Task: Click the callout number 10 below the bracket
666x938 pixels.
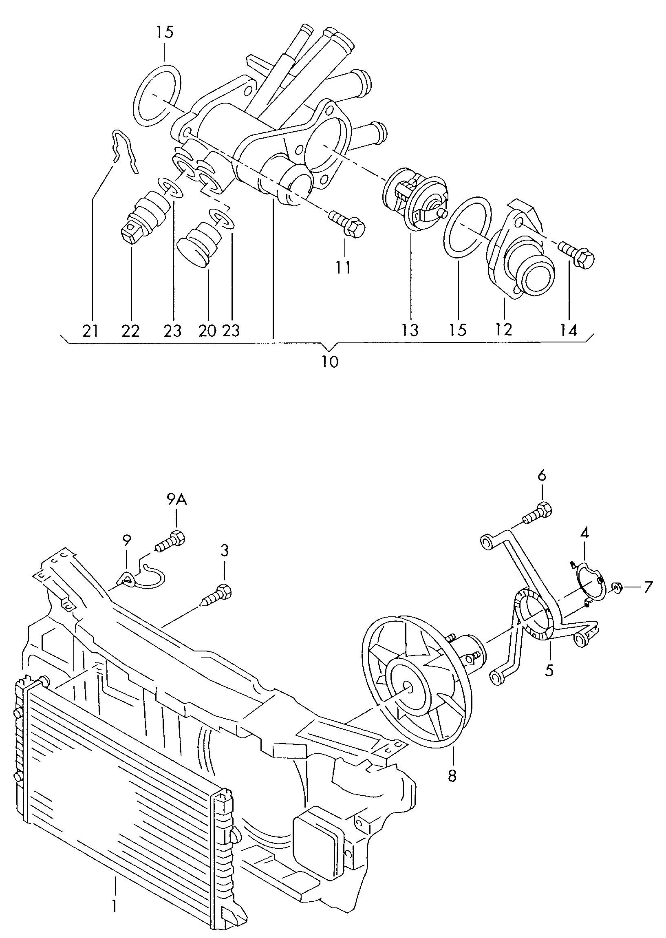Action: pos(330,361)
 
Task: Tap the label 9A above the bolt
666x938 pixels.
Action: pos(177,500)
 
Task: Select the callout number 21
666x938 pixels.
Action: pos(90,330)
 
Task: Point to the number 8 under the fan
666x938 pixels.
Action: pos(452,776)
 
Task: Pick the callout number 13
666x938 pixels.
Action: pos(410,330)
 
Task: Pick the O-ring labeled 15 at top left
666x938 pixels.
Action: pos(157,94)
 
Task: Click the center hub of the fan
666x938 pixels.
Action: pos(408,689)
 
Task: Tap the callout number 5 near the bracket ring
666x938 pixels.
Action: pos(549,670)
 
